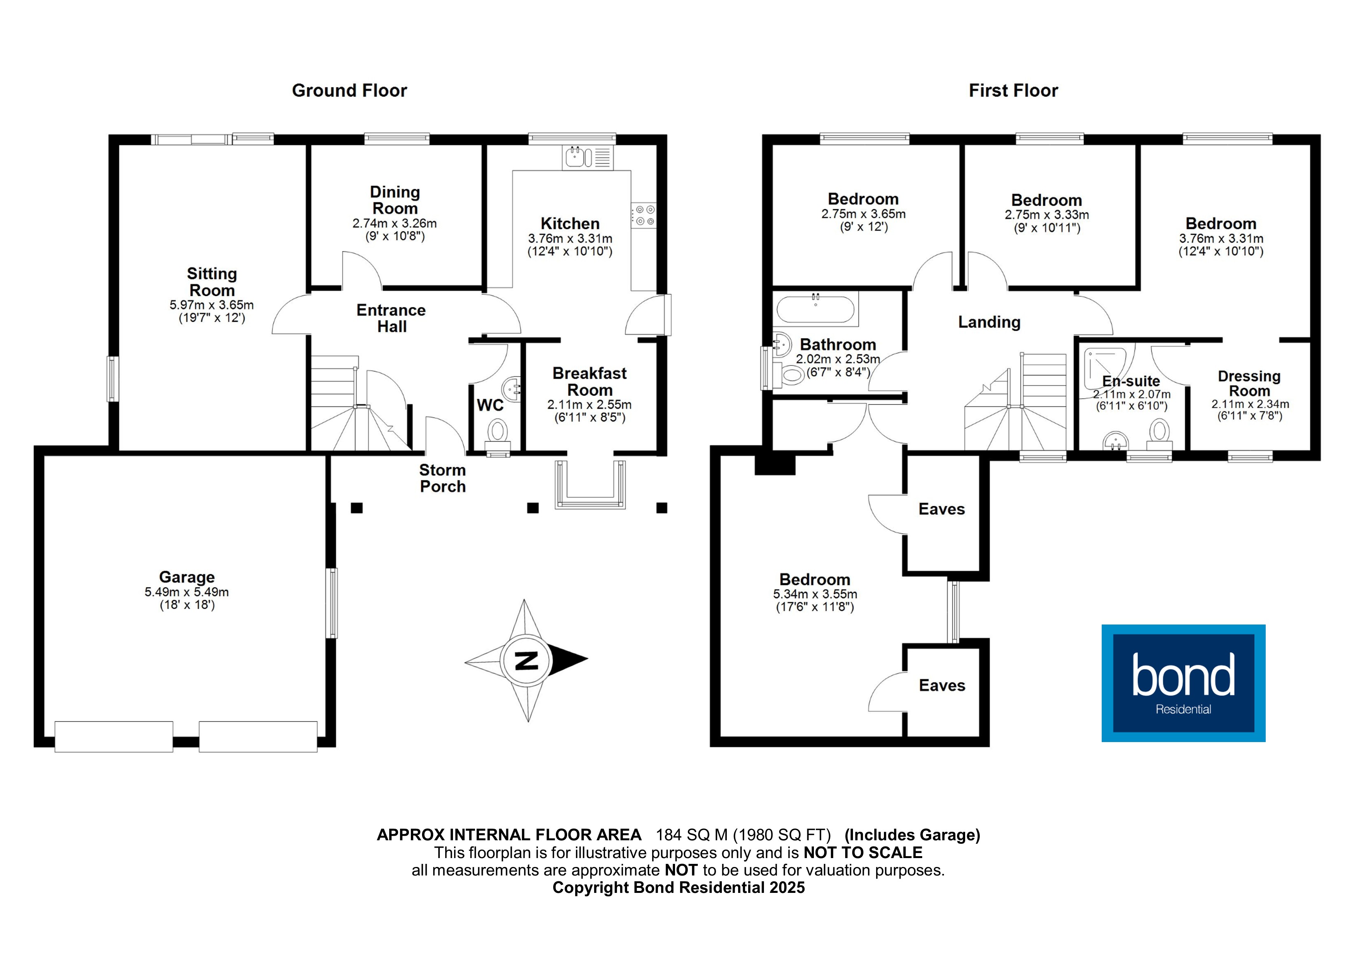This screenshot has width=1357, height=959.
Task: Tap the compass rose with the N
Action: coord(526,660)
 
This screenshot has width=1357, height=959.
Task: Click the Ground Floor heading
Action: coord(349,90)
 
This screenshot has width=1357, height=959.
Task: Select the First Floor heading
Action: coord(1013,90)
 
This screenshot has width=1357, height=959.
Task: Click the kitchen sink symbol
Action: coord(588,157)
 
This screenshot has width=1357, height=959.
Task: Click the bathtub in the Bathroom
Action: coord(815,309)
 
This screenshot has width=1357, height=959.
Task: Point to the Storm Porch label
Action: coord(443,478)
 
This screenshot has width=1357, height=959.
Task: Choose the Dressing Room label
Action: coord(1249,384)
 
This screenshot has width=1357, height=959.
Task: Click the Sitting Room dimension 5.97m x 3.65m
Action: coord(212,305)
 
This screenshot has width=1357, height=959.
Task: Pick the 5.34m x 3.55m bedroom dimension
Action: coord(815,594)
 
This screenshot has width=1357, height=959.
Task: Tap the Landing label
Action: coord(990,322)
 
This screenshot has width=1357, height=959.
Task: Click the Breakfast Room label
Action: coord(590,382)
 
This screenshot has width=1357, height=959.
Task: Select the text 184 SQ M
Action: coord(692,835)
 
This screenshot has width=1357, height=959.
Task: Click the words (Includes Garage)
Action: coord(912,835)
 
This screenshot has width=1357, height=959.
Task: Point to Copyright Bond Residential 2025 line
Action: coord(678,887)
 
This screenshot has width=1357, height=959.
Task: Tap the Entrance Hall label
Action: coord(391,319)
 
